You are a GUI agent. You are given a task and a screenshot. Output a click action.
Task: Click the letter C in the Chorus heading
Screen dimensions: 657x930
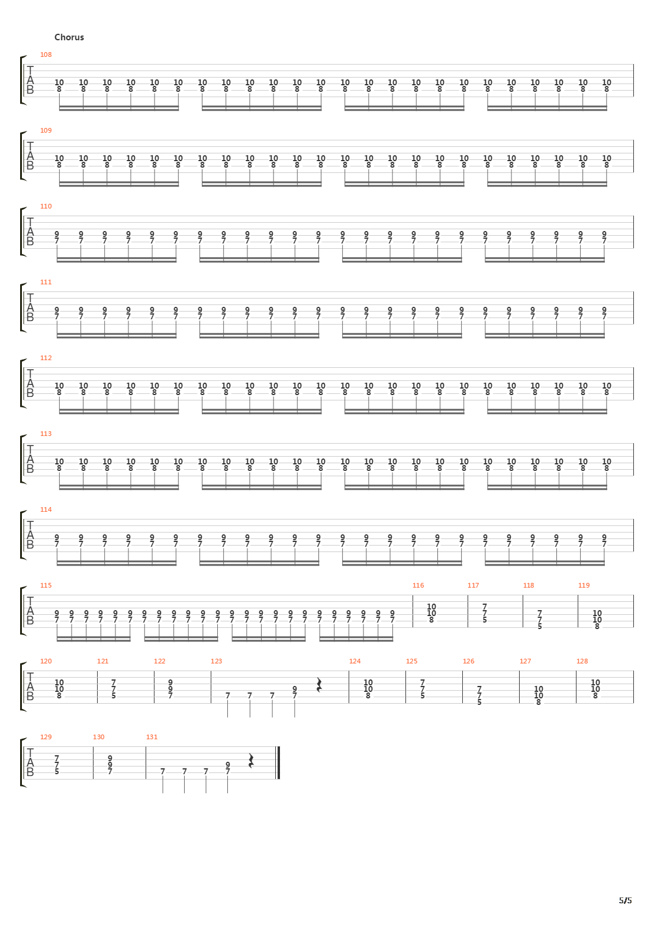(57, 37)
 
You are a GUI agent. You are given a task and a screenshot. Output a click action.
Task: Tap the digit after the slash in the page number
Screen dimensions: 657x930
(629, 900)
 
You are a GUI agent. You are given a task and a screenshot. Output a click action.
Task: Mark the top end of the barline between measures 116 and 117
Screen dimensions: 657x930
(468, 595)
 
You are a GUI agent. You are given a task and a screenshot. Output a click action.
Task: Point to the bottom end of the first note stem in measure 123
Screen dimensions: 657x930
(228, 717)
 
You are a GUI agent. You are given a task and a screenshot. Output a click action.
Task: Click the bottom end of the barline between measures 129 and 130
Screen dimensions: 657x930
(94, 779)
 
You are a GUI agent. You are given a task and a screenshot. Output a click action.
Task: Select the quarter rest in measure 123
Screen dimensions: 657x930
(319, 685)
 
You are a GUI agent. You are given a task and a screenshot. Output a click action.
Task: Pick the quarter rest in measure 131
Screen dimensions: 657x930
(250, 761)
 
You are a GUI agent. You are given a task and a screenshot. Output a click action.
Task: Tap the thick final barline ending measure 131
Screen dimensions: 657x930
(279, 763)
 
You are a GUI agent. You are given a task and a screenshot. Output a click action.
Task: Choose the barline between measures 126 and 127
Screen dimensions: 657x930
(519, 687)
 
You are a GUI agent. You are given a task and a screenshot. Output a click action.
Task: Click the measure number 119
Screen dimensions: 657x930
(584, 585)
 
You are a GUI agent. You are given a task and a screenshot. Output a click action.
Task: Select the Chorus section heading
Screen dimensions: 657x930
(69, 37)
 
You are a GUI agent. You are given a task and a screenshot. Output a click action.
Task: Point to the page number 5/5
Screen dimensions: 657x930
(626, 900)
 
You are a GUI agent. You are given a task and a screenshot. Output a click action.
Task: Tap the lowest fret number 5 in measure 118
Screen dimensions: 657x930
(540, 626)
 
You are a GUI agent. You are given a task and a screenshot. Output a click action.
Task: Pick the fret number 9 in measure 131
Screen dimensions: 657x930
(228, 765)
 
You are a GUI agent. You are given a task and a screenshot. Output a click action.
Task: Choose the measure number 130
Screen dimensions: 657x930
(99, 737)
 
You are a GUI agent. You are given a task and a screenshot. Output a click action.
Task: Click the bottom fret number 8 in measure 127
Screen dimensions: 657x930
(539, 702)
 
